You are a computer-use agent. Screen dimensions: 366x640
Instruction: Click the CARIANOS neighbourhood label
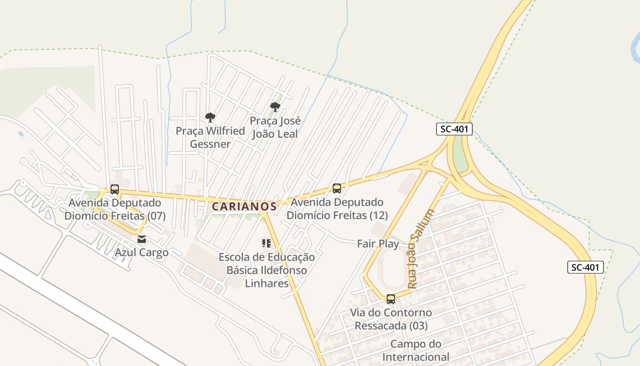coord(244,206)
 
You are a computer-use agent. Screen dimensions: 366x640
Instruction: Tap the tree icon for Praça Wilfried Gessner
coord(210,118)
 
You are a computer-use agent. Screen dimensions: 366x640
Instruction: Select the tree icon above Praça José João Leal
coord(275,107)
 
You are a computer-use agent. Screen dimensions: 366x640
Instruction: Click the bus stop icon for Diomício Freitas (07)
coord(115,189)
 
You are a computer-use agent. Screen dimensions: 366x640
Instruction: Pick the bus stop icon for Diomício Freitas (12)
coord(337,188)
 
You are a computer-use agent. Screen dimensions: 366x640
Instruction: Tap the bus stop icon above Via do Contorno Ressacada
coord(391,299)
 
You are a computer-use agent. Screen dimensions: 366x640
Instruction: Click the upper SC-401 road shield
coord(453,129)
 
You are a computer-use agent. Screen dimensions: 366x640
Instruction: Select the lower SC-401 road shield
coord(586,267)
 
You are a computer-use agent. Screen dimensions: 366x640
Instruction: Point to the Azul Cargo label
coord(141,253)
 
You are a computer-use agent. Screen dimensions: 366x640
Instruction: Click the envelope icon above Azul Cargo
coord(142,239)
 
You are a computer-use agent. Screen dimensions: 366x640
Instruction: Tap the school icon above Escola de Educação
coord(267,243)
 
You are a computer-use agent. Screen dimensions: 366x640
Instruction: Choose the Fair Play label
coord(378,244)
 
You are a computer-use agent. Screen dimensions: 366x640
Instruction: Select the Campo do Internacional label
coord(416,350)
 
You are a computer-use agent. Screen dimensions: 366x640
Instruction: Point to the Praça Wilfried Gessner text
coord(210,138)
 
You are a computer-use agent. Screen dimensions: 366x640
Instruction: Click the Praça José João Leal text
coord(275,127)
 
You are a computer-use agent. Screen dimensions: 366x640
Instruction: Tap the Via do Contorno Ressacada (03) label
coord(391,319)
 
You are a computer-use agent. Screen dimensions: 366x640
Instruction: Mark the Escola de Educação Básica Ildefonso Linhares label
coord(267,270)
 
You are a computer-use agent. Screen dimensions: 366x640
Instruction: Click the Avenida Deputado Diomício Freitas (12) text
coord(337,209)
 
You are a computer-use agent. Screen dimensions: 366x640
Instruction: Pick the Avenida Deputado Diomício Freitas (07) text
coord(115,209)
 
